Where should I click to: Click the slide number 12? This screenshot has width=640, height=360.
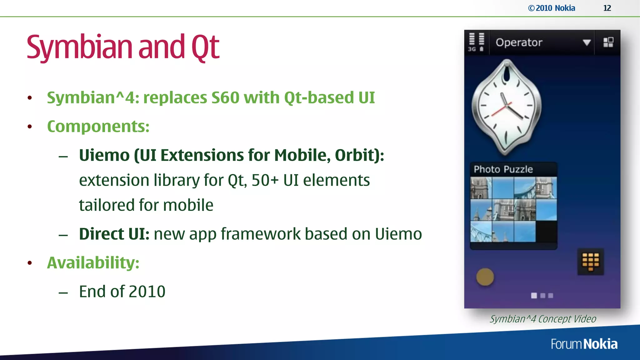(607, 8)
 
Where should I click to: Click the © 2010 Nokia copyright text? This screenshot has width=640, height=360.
(552, 8)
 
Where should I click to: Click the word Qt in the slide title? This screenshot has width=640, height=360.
(205, 47)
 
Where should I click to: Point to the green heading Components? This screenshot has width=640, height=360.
(98, 127)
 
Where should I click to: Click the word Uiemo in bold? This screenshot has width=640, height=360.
(104, 155)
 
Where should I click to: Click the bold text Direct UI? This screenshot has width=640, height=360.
(114, 234)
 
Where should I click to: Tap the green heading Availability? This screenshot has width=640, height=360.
(93, 262)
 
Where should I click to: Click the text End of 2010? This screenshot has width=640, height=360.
(122, 292)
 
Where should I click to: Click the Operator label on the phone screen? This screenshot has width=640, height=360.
(519, 42)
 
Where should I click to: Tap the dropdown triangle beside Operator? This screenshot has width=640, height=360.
(587, 42)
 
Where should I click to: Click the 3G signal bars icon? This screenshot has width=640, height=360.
(476, 42)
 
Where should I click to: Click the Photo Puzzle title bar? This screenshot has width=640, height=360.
(513, 169)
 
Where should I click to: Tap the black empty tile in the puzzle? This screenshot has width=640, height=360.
(546, 232)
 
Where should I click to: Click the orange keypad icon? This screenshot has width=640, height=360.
(590, 262)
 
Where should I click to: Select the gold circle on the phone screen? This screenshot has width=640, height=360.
(485, 277)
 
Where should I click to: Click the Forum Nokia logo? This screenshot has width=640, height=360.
(584, 344)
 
